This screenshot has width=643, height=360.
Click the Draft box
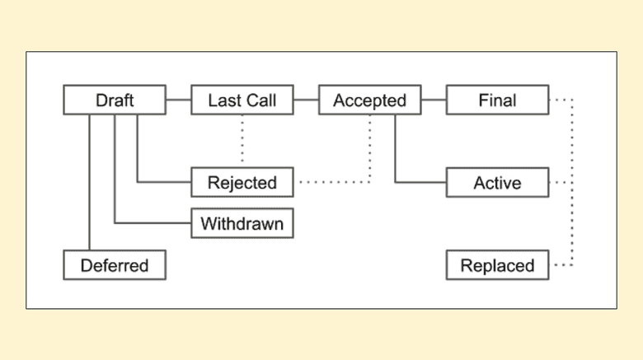115,101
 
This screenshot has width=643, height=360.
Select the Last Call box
242,101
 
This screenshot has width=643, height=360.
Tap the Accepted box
369,101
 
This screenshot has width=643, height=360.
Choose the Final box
497,101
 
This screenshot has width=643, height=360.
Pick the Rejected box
242,182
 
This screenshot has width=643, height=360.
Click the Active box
497,182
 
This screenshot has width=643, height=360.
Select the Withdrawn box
242,223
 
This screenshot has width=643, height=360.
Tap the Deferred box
115,265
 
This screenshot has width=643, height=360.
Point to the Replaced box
497,265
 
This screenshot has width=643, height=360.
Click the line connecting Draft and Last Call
178,101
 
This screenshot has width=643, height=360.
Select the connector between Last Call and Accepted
306,101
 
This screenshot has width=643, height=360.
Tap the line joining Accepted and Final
434,101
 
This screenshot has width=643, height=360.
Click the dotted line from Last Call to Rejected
242,141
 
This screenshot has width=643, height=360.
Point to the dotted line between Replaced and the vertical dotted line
561,265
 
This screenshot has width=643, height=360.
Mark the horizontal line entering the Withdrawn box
153,222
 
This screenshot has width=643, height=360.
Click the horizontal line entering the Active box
420,181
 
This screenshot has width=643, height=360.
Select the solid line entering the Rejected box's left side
164,181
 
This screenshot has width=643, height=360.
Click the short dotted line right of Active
561,182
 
